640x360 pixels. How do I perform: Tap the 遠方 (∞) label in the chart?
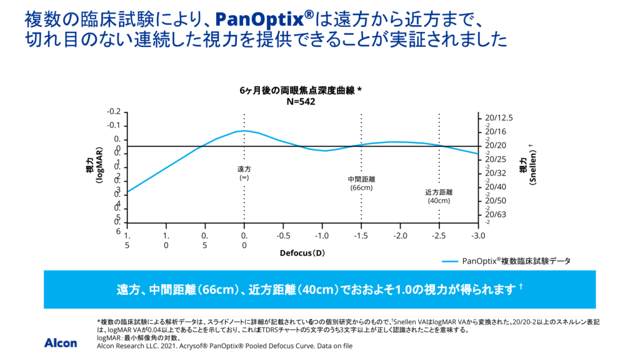[x=244, y=173]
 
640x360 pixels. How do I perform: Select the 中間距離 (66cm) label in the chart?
[x=361, y=183]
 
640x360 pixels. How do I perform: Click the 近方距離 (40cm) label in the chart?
[x=439, y=196]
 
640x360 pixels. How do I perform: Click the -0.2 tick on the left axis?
[x=113, y=112]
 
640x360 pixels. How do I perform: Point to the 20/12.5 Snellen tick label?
[x=499, y=118]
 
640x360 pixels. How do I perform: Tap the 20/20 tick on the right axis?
[x=495, y=146]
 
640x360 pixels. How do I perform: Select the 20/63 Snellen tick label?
[x=495, y=214]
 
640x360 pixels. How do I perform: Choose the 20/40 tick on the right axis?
[x=495, y=187]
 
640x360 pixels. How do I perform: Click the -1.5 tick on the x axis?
[x=361, y=236]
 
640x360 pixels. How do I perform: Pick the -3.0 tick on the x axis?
[x=477, y=236]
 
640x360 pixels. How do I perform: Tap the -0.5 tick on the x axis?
[x=283, y=236]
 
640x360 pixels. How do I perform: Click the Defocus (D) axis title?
[x=302, y=253]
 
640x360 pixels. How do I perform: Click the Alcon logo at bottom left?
[x=61, y=342]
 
